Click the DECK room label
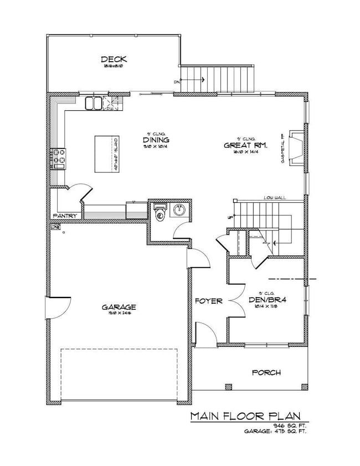coord(114,59)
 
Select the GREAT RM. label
coord(245,145)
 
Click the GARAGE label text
coord(119,306)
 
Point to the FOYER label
coord(208,301)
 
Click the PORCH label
coord(266,372)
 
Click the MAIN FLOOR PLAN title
coord(248,416)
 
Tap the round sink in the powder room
coord(179,211)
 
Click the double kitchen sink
coord(93,103)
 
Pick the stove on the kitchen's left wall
coord(58,158)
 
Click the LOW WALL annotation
coord(275,197)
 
